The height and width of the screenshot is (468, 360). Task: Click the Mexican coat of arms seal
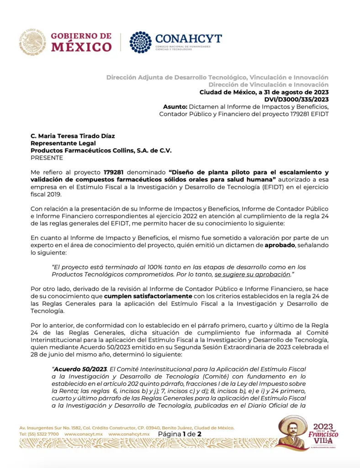click(32, 42)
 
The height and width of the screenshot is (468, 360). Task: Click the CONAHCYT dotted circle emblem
click(140, 42)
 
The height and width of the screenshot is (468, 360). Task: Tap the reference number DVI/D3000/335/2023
click(296, 99)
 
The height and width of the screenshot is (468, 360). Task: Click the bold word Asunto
click(175, 106)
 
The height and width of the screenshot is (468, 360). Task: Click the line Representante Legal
click(60, 143)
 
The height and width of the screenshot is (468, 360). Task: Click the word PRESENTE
click(47, 158)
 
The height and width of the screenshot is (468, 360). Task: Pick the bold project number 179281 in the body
click(115, 172)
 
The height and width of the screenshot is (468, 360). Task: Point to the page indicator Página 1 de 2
click(180, 433)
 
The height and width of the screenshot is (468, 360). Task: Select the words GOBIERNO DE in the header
click(81, 36)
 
